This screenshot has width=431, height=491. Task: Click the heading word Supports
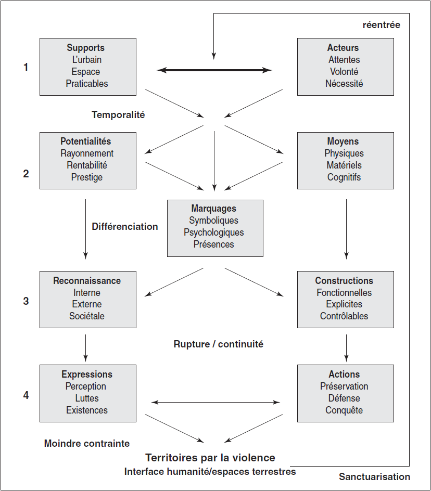tap(85, 48)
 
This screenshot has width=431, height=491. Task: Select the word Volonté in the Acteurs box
tap(344, 72)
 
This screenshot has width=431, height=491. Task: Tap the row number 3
tap(26, 301)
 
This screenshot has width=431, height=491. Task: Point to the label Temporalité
tap(118, 115)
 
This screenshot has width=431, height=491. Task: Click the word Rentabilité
tap(87, 165)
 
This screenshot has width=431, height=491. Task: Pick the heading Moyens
tap(343, 141)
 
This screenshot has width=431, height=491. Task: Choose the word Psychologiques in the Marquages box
tap(214, 232)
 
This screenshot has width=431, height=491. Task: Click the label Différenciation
tap(125, 226)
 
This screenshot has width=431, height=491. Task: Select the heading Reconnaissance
tap(87, 280)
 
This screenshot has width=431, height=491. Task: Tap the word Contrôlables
tap(344, 316)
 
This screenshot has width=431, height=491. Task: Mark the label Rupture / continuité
tap(219, 344)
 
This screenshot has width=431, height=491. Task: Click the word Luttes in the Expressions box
tap(87, 398)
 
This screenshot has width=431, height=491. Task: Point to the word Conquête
tap(344, 410)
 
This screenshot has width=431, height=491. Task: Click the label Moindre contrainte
tap(87, 443)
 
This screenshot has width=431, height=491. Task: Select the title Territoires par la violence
tap(210, 458)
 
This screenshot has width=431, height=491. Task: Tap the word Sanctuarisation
tap(375, 477)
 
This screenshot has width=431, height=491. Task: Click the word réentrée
tap(382, 25)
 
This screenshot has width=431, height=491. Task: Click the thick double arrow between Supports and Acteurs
tap(214, 70)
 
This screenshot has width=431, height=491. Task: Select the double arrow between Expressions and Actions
tap(215, 403)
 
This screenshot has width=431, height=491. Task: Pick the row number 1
tap(26, 67)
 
